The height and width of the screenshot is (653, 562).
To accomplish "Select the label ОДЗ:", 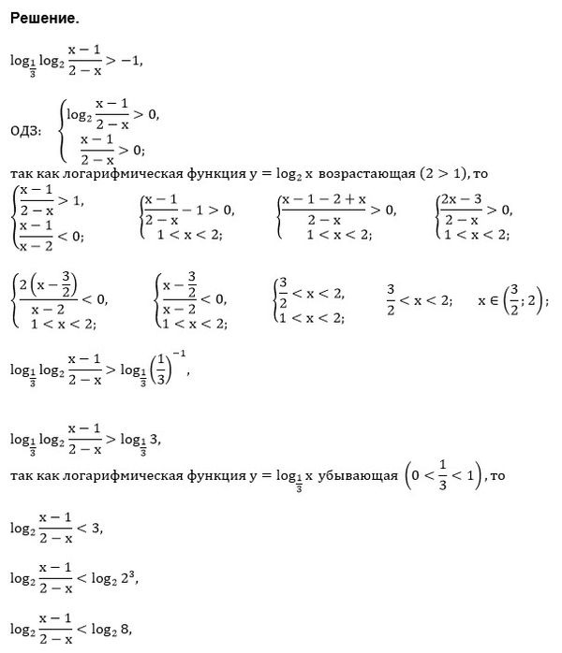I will [x=25, y=130].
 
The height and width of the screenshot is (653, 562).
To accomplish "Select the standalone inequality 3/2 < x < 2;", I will [x=419, y=300].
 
